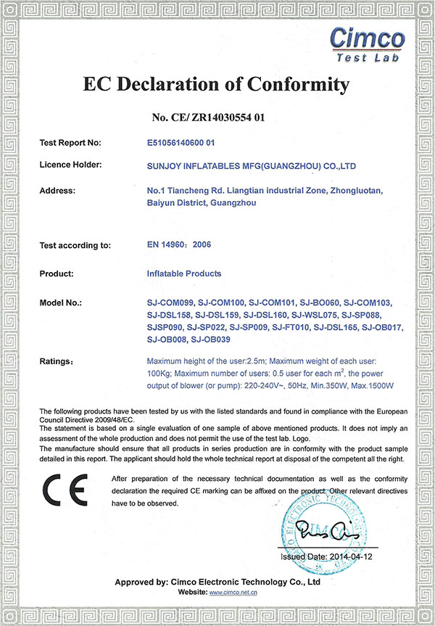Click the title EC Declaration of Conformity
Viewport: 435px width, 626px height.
click(217, 84)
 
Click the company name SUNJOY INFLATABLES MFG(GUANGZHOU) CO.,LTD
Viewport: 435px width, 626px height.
click(251, 165)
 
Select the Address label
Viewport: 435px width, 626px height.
click(57, 191)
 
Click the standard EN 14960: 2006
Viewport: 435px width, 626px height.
click(178, 245)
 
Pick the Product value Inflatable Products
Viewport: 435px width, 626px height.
click(183, 273)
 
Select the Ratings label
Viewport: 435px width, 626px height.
click(57, 361)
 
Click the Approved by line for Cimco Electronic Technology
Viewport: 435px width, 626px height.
click(217, 582)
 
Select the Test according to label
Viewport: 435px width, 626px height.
click(75, 245)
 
